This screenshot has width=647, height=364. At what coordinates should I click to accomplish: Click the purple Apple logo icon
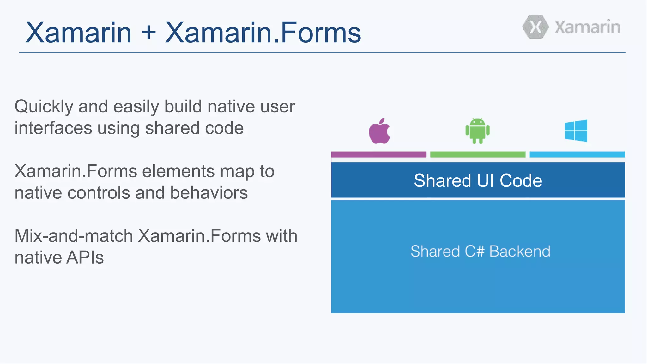pyautogui.click(x=379, y=132)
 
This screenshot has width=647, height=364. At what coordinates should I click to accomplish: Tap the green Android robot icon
pyautogui.click(x=477, y=131)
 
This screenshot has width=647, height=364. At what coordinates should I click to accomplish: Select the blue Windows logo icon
pyautogui.click(x=576, y=130)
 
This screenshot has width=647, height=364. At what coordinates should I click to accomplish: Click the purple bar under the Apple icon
pyautogui.click(x=378, y=155)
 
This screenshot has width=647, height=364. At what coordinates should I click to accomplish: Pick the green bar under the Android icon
pyautogui.click(x=478, y=155)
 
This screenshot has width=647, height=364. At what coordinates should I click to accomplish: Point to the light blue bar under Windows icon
pyautogui.click(x=577, y=155)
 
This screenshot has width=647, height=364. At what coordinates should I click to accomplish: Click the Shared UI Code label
pyautogui.click(x=478, y=180)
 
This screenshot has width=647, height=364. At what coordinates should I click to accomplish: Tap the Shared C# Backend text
pyautogui.click(x=480, y=252)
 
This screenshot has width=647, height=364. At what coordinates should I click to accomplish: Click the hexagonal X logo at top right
pyautogui.click(x=535, y=27)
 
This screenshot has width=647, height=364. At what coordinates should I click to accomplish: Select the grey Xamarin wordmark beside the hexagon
pyautogui.click(x=587, y=27)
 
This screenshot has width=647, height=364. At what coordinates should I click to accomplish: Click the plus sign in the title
pyautogui.click(x=148, y=33)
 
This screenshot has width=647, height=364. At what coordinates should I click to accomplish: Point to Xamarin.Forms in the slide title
pyautogui.click(x=263, y=33)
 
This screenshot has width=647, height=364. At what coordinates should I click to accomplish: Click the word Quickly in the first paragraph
pyautogui.click(x=44, y=107)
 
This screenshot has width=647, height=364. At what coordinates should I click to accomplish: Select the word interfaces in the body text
pyautogui.click(x=53, y=128)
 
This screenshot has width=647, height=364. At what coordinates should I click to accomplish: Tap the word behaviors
pyautogui.click(x=209, y=193)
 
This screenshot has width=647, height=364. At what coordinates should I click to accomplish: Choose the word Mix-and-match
pyautogui.click(x=74, y=236)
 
